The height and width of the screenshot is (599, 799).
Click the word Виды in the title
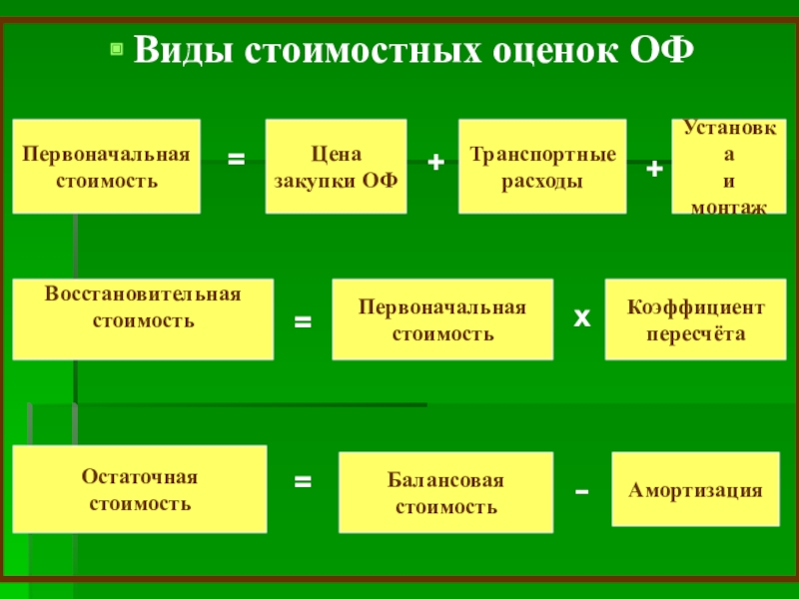point(183,50)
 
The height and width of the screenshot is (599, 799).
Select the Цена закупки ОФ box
point(336,167)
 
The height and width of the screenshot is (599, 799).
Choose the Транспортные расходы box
point(542,167)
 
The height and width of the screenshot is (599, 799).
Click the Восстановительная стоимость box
point(143,319)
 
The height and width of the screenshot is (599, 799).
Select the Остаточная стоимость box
point(140,489)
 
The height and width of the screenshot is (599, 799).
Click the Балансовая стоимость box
point(445,493)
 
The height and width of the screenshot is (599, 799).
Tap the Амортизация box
point(695,490)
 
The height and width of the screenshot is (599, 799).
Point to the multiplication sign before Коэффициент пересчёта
point(581,317)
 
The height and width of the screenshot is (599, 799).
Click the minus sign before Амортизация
point(583,492)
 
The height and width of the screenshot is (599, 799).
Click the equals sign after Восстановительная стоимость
point(303,322)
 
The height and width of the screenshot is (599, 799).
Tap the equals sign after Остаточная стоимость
point(303,481)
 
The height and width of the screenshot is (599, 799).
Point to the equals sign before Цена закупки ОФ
point(236,159)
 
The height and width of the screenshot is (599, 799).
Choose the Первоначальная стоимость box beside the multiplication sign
point(442,320)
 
